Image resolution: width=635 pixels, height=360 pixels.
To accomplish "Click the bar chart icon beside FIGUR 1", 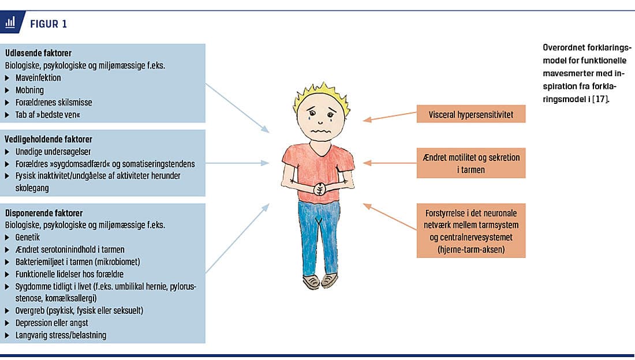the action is [10, 22].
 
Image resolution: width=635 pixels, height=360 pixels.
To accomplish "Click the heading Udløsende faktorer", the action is [38, 53].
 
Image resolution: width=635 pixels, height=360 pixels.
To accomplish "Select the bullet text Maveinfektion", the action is [38, 78].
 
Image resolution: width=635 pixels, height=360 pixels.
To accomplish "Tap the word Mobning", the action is [29, 90].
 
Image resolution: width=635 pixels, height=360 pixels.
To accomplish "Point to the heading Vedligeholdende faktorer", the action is [48, 139].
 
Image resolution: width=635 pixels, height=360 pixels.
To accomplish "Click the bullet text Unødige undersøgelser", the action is [53, 152].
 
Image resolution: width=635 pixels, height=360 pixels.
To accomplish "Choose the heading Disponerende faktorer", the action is [44, 213].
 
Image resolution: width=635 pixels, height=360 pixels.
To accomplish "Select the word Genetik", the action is [28, 237].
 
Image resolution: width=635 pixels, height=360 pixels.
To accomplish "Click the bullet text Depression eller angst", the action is [52, 322].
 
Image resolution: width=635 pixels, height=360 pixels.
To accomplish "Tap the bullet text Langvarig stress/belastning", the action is [61, 335].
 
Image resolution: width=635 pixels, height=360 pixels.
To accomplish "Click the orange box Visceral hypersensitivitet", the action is [471, 114].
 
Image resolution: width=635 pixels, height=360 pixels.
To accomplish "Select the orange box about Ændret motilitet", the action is [471, 163].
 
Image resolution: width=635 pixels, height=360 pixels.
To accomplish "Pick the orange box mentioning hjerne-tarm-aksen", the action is [471, 230].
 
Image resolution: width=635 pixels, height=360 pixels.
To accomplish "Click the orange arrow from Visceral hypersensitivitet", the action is [390, 116].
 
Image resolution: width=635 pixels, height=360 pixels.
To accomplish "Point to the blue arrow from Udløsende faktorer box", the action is [237, 108].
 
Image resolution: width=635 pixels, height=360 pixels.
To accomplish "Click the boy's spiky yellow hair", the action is [322, 94].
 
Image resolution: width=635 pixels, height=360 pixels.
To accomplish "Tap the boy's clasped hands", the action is [320, 189].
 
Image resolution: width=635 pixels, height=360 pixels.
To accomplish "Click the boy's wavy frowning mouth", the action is [320, 131].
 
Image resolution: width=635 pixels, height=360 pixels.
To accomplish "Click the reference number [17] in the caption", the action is [600, 99].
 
